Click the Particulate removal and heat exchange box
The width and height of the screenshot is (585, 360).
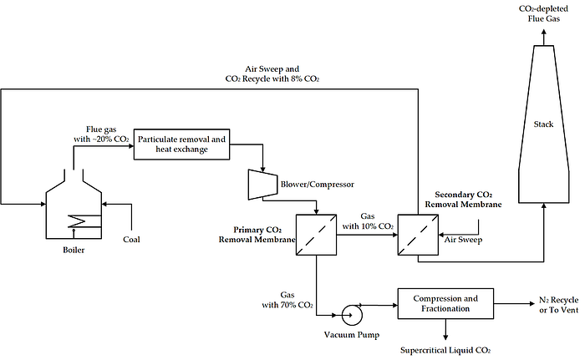pyautogui.click(x=181, y=145)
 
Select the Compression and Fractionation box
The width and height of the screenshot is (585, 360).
pyautogui.click(x=445, y=304)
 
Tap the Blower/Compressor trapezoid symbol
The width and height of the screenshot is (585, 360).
pyautogui.click(x=262, y=185)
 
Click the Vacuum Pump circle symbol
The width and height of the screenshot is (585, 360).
pyautogui.click(x=352, y=315)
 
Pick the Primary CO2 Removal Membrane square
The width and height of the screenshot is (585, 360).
pyautogui.click(x=317, y=235)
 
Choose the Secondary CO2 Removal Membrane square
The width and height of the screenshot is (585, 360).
pyautogui.click(x=418, y=235)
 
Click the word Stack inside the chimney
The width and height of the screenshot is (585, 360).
pyautogui.click(x=543, y=124)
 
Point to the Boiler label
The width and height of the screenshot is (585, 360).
pyautogui.click(x=74, y=250)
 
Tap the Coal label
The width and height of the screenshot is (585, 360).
pyautogui.click(x=131, y=240)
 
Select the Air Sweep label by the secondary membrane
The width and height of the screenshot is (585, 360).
pyautogui.click(x=463, y=240)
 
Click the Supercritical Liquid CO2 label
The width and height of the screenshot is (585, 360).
pyautogui.click(x=445, y=350)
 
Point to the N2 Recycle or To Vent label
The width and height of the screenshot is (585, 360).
pyautogui.click(x=558, y=305)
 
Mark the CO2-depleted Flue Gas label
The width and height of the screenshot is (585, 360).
pyautogui.click(x=543, y=13)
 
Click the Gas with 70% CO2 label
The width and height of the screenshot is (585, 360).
pyautogui.click(x=287, y=300)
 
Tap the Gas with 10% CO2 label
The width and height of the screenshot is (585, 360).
pyautogui.click(x=368, y=221)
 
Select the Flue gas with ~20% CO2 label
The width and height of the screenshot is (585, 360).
pyautogui.click(x=101, y=134)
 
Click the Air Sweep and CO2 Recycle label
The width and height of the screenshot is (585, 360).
pyautogui.click(x=272, y=74)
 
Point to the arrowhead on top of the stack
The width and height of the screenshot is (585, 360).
pyautogui.click(x=543, y=33)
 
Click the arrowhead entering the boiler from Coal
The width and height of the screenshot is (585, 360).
pyautogui.click(x=104, y=204)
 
